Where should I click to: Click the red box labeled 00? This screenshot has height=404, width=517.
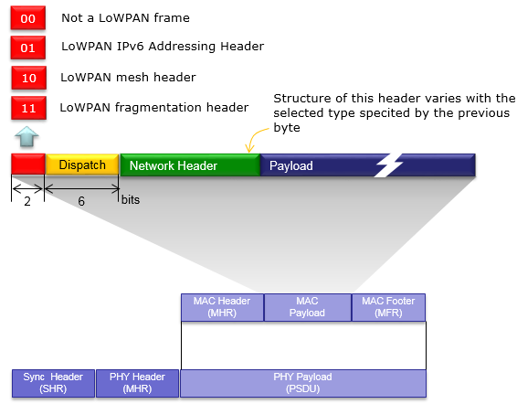[28, 18]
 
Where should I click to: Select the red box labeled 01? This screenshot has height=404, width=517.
[28, 48]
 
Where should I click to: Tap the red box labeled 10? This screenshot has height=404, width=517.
[29, 78]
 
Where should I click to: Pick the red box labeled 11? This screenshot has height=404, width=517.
[28, 108]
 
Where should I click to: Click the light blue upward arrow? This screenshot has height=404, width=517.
[26, 136]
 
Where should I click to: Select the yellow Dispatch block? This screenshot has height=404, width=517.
[82, 165]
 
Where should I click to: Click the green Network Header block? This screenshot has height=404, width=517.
[190, 165]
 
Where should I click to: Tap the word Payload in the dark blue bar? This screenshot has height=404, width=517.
[291, 165]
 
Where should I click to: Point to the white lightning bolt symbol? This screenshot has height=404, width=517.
[388, 165]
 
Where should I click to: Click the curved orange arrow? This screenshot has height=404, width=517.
[255, 138]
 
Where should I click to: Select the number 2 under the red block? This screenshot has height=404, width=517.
[27, 201]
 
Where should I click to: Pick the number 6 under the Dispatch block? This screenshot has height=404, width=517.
[81, 201]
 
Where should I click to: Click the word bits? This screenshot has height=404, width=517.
[131, 199]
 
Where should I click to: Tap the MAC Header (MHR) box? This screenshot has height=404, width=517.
[222, 307]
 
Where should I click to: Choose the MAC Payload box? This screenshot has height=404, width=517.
[308, 307]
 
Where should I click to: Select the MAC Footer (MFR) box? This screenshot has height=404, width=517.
[389, 307]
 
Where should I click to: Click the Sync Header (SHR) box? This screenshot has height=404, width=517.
[53, 383]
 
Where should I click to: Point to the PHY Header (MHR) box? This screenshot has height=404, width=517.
[138, 383]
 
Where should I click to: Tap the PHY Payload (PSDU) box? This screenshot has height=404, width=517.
[303, 383]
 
